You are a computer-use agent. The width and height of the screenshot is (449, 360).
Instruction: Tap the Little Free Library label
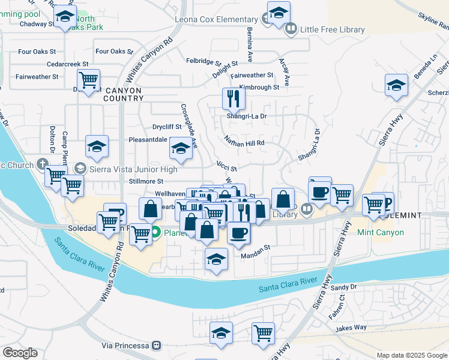pyautogui.click(x=332, y=29)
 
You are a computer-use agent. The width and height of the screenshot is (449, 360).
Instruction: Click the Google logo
pyautogui.click(x=20, y=353)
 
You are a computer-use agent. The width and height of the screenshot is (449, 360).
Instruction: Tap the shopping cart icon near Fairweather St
pyautogui.click(x=88, y=79)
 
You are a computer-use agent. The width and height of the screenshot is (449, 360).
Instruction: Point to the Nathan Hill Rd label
pyautogui.click(x=245, y=143)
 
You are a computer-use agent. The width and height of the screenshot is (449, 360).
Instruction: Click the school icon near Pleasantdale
pyautogui.click(x=180, y=148)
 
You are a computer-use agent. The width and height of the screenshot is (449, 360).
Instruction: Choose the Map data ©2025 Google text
pyautogui.click(x=412, y=355)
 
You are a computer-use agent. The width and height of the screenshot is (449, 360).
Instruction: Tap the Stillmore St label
pyautogui.click(x=146, y=181)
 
